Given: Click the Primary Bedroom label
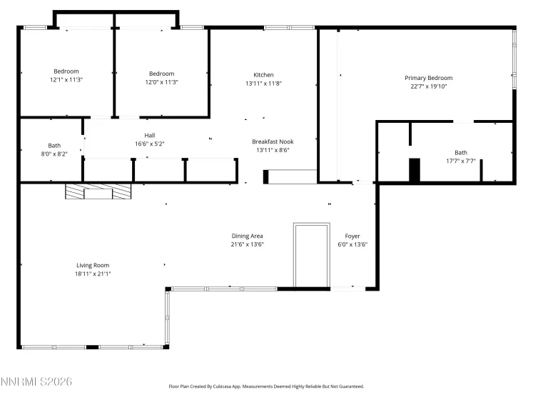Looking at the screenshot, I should tap(428, 78).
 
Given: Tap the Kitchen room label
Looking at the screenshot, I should tap(263, 75).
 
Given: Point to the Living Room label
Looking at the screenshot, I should tap(93, 265).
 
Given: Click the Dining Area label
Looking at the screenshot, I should tap(248, 236).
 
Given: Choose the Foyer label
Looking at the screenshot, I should tap(352, 236).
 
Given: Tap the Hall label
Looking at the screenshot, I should tap(150, 135).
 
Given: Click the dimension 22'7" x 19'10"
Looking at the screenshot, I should tap(428, 86).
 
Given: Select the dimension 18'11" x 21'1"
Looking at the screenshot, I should tap(93, 274).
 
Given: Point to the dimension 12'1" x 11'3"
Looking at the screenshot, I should tap(66, 81).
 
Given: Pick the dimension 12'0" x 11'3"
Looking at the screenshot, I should tap(161, 82).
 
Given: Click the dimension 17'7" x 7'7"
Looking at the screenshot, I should tap(461, 161).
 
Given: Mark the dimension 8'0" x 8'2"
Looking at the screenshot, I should tap(54, 154).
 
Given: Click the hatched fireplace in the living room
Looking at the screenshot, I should tap(98, 191).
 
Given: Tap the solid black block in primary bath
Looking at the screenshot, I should tap(414, 170).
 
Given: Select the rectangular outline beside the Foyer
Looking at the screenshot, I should tap(311, 255).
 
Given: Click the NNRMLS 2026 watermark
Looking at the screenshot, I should tap(36, 383).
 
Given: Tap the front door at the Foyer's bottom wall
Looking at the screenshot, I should tap(347, 289).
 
